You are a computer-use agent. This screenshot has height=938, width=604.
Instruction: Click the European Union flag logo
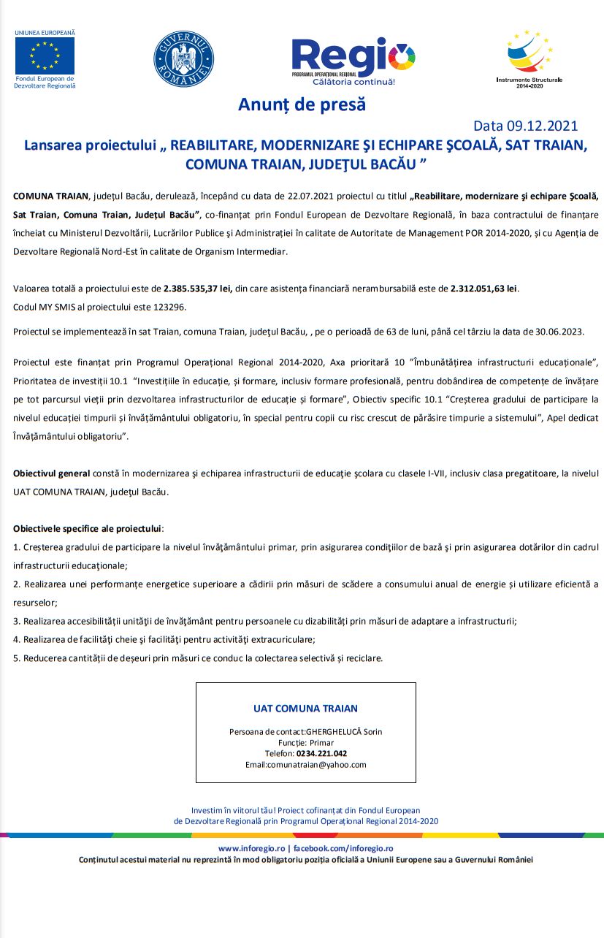(45, 56)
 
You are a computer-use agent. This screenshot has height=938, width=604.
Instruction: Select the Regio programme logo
(353, 61)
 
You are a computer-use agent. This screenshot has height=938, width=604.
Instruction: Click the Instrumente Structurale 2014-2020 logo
(530, 57)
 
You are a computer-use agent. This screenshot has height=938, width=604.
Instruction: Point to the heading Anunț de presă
(302, 104)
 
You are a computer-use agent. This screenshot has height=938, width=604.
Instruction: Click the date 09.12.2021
(541, 126)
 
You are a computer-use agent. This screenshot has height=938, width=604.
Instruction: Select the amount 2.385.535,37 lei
(198, 289)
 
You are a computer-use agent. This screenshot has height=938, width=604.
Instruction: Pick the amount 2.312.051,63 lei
(484, 289)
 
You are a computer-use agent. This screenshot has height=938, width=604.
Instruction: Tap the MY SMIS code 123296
(170, 307)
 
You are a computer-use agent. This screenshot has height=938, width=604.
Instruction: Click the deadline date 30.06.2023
(561, 332)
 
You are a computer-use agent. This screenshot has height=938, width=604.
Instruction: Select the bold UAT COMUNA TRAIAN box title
(305, 709)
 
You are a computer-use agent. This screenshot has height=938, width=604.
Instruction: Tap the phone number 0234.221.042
(321, 753)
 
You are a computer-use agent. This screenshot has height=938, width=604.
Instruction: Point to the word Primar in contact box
(321, 742)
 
